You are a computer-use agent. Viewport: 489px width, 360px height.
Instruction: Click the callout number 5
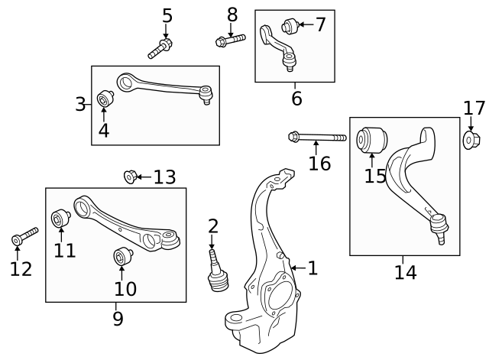tap(167, 15)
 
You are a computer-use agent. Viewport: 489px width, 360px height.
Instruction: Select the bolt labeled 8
tap(230, 39)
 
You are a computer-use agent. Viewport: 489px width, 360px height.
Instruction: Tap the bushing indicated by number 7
tap(289, 26)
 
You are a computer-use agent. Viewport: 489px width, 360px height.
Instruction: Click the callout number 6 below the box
tap(296, 98)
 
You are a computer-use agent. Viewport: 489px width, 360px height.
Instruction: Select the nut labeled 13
tap(130, 177)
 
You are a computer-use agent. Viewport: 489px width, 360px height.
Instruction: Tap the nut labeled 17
tap(471, 140)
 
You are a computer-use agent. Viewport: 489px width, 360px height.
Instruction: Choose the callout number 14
tap(405, 271)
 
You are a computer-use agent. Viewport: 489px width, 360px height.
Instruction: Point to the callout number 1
tap(312, 268)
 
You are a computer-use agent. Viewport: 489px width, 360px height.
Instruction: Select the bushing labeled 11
tap(59, 220)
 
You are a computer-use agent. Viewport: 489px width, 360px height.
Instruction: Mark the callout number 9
tap(117, 318)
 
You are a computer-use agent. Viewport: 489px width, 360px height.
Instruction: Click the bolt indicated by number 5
tap(159, 49)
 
